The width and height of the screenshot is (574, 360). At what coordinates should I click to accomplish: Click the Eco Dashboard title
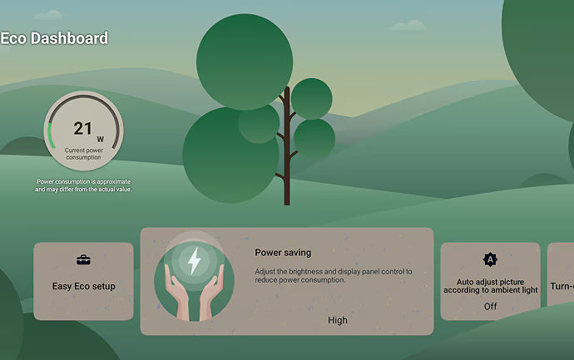pos(54,38)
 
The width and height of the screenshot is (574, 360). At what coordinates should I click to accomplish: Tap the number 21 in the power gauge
pos(82,128)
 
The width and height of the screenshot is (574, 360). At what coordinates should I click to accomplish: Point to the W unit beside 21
pos(101,140)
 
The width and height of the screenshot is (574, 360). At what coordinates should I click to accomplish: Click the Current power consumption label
pos(83,154)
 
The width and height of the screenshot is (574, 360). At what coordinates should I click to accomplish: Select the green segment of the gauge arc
pos(51,136)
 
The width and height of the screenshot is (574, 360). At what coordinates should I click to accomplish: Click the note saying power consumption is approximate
pos(83,185)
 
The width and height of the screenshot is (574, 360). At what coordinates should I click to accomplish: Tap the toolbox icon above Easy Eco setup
pos(83,259)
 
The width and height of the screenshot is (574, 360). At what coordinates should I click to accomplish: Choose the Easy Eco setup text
pos(83,286)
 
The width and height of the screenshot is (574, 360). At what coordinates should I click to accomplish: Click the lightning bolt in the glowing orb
pos(194,261)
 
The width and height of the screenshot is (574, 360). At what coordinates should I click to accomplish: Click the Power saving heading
pos(283,253)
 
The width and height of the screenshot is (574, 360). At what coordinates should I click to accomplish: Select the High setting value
pos(338,320)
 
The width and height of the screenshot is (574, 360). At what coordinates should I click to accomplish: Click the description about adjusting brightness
pos(333,276)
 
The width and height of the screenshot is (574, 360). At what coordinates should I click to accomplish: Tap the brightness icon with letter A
pos(490,259)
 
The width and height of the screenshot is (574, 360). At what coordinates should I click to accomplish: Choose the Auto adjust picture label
pos(491,286)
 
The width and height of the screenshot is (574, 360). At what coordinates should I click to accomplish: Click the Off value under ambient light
pos(491,306)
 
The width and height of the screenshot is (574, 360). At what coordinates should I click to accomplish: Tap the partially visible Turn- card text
pos(562,286)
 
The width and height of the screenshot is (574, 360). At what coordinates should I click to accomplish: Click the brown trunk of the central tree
pos(287,146)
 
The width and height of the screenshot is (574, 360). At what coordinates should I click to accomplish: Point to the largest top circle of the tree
pos(245,62)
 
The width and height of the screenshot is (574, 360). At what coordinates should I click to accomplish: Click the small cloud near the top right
pos(407,25)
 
